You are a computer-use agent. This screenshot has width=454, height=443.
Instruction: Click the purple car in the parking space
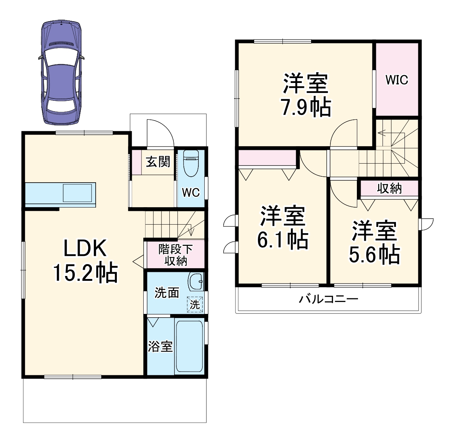pos(61,72)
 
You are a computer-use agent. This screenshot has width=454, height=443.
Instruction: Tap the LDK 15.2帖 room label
pos(85,261)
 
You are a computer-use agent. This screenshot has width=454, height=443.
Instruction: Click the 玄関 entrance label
pos(158,162)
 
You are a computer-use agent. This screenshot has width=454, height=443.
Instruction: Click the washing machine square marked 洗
pos(195,304)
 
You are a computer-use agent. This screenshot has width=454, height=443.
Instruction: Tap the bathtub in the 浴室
pos(189,346)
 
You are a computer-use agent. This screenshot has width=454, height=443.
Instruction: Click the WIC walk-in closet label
pos(397,80)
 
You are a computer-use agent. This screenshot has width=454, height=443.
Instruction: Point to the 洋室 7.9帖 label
pos(306,95)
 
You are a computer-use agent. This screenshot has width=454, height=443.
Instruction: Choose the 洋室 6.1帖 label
pos(283,228)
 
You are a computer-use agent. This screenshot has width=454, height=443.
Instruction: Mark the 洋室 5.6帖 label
pos(374,243)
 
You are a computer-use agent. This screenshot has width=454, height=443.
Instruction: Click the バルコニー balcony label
pos(329,299)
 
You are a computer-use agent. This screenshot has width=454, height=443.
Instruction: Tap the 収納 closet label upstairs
pos(389,189)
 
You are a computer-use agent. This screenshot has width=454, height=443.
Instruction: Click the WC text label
pos(191,193)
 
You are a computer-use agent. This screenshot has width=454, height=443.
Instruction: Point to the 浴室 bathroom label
pos(160,347)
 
